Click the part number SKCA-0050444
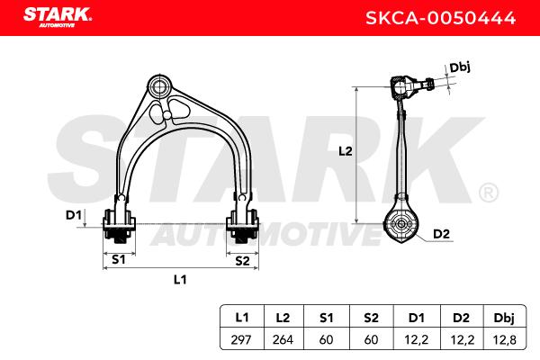440,18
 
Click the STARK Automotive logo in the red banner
58,17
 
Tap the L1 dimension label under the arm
180,280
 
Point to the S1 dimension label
119,259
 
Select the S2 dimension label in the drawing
242,261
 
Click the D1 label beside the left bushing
74,215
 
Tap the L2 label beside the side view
346,151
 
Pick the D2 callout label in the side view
441,234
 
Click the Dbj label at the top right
460,67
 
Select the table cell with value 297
241,340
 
